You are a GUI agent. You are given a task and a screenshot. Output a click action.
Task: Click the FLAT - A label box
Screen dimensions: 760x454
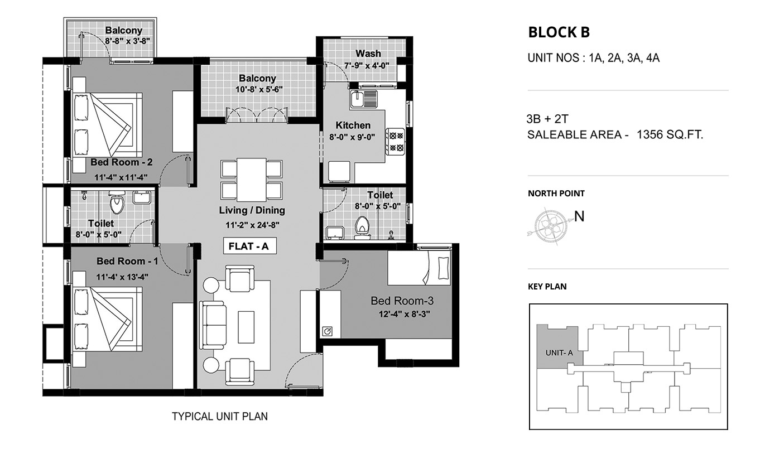tap(250, 246)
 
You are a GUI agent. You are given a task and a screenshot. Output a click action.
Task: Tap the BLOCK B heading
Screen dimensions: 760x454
tap(559, 32)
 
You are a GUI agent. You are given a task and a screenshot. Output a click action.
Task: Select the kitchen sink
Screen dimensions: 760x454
tap(363, 99)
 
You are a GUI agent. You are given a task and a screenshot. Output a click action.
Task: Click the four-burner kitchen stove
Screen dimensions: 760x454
tap(395, 142)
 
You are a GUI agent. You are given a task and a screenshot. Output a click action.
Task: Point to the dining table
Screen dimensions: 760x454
tap(252, 180)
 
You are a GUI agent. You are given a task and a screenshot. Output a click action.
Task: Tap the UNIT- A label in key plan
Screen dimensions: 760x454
tap(559, 353)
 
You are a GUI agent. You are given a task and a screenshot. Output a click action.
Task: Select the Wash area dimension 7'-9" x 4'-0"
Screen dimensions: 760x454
tap(367, 66)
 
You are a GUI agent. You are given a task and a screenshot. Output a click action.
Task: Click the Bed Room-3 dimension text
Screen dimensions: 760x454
tap(405, 315)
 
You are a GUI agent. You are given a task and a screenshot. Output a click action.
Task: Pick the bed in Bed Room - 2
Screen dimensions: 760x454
tap(107, 125)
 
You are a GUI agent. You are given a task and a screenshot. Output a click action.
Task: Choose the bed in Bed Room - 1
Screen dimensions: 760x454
tap(107, 319)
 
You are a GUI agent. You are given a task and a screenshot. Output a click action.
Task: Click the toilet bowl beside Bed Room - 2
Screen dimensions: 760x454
tap(117, 202)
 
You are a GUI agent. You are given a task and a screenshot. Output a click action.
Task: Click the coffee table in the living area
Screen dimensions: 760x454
tap(246, 327)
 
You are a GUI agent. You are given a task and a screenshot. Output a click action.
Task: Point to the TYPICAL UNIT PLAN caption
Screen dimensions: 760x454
tap(220, 417)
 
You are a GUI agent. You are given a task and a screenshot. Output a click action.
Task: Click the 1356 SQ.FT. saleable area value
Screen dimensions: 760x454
tap(670, 134)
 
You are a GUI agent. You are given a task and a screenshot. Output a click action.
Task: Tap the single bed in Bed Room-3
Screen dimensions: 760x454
tap(420, 268)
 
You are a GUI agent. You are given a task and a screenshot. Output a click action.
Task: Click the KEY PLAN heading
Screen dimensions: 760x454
tap(547, 287)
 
